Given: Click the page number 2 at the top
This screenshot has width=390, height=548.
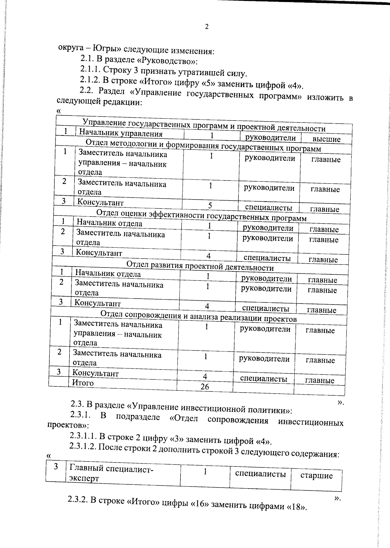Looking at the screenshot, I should pos(207,27).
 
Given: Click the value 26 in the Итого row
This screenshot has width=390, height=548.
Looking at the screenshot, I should pos(205,386).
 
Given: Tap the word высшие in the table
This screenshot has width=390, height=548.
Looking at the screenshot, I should pos(326,139).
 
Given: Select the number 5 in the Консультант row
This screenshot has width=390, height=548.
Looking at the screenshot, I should pos(210,205).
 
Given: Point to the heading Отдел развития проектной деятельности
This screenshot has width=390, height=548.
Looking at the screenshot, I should pos(200,267).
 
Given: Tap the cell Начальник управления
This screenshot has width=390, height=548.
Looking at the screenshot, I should pos(121,133).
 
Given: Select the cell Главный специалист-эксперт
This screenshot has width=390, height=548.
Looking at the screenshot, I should pos(110,473).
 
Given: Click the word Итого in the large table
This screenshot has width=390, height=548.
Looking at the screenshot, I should pos(83,383).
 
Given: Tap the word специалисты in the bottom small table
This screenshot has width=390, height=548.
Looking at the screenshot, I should pos(260,474).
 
